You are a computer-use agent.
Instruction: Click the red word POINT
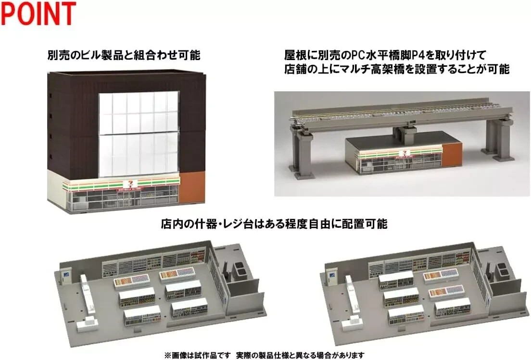(38, 14)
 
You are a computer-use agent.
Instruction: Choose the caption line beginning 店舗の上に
(396, 69)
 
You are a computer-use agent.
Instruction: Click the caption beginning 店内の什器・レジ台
(274, 224)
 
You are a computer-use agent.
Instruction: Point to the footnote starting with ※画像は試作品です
(264, 355)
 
